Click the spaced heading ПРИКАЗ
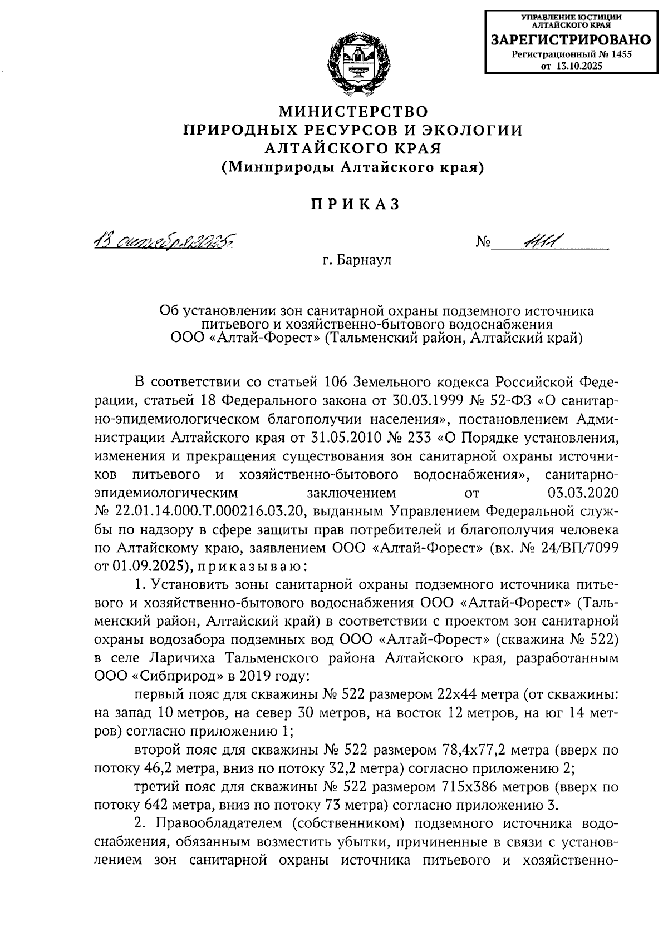[355, 204]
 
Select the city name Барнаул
[365, 260]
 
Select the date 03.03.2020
[583, 493]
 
